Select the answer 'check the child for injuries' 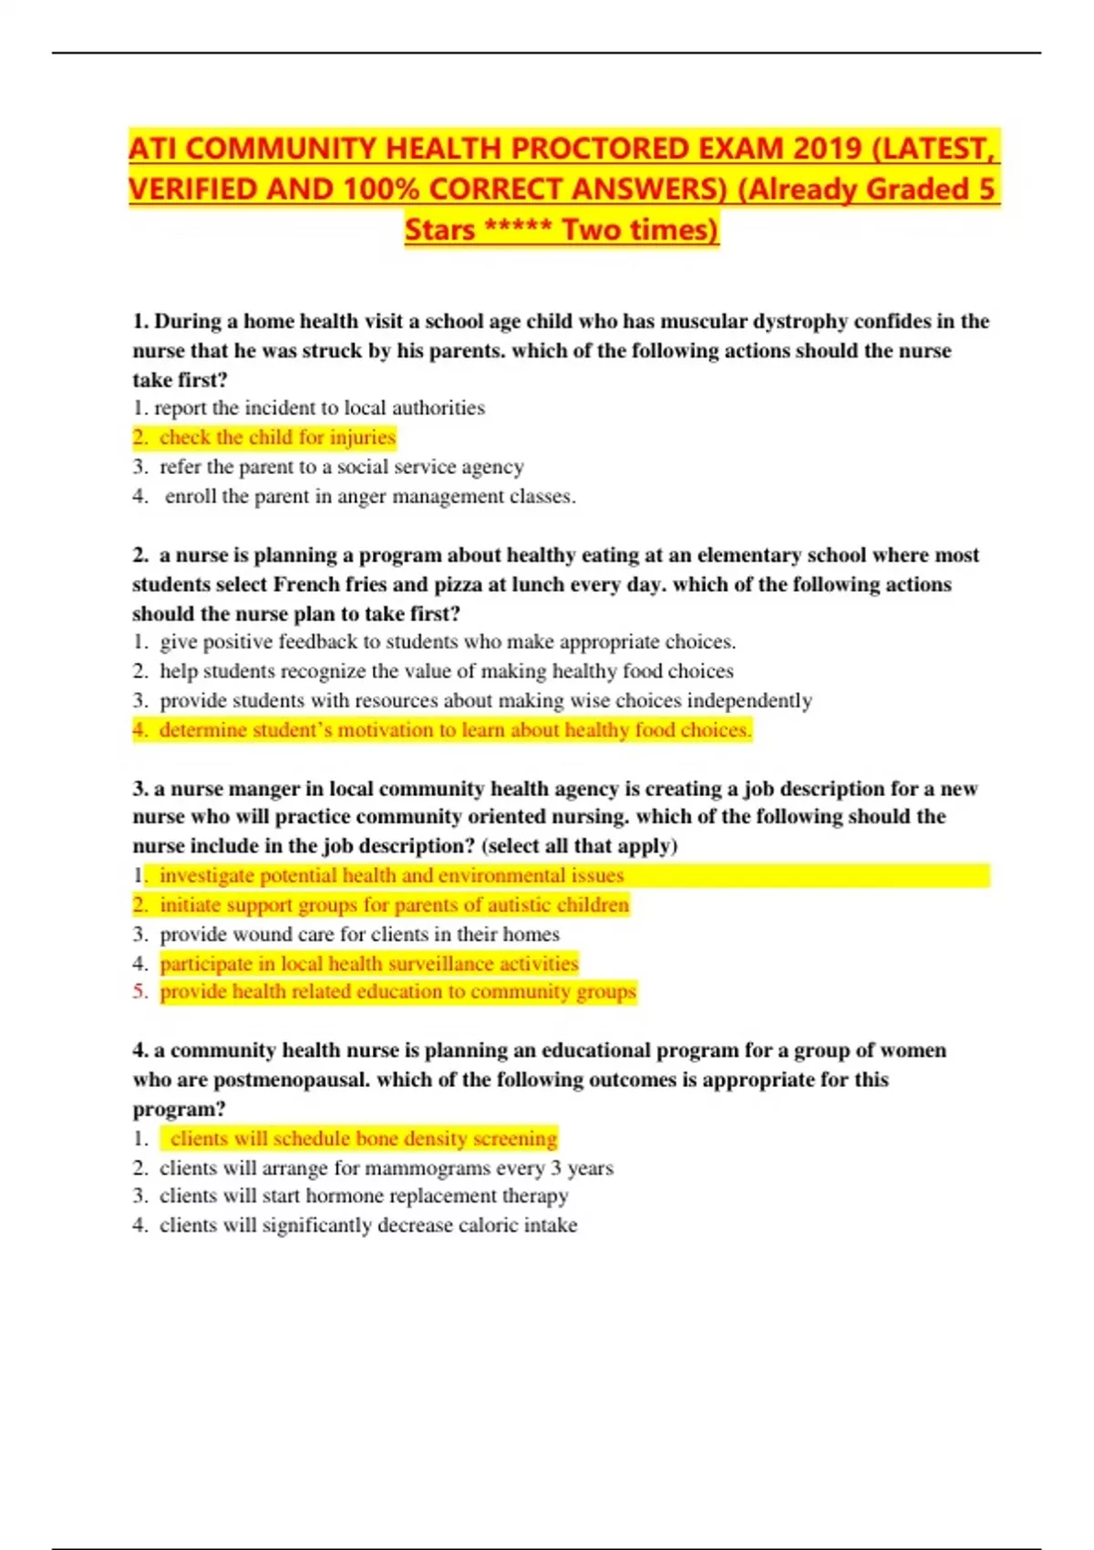coord(277,438)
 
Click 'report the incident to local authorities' coord(319,408)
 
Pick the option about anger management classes coord(369,496)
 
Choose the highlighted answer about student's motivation coord(454,729)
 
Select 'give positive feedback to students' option coord(447,642)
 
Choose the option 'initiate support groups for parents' coord(394,904)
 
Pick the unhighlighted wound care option coord(359,934)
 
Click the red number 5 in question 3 coord(139,991)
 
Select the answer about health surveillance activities coord(368,963)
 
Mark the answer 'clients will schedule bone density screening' coord(363,1138)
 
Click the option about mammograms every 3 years coord(386,1167)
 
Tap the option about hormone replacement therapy coord(364,1195)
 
